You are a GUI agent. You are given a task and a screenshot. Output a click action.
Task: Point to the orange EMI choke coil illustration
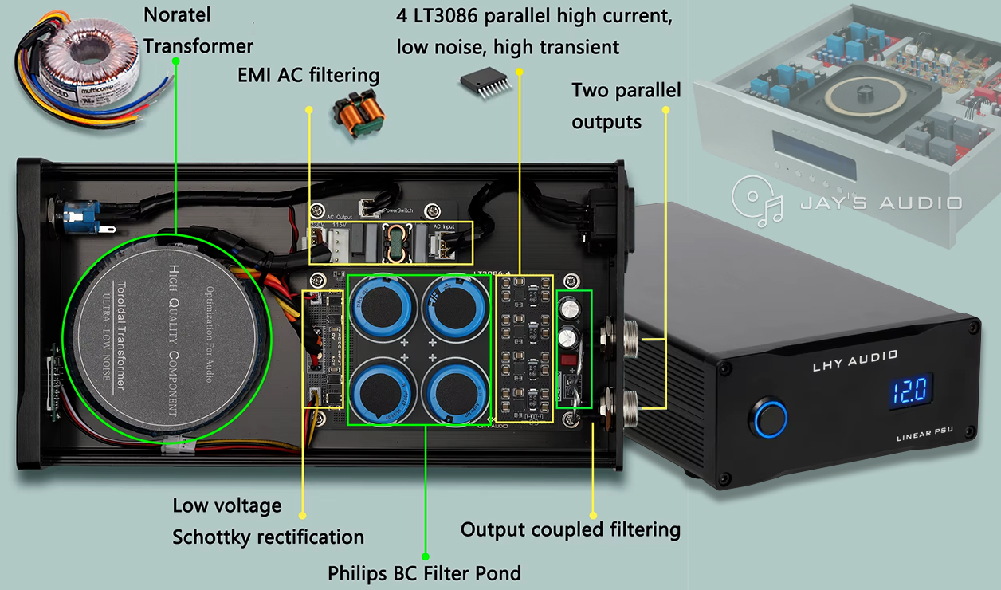[x=358, y=115]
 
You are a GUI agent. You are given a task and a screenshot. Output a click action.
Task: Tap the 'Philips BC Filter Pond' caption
[x=424, y=572]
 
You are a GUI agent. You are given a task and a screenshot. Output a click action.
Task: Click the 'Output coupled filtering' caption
[x=570, y=529]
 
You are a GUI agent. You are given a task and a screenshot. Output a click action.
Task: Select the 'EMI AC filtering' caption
[x=308, y=76]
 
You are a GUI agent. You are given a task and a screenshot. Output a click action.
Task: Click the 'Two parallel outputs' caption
[x=626, y=106]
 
